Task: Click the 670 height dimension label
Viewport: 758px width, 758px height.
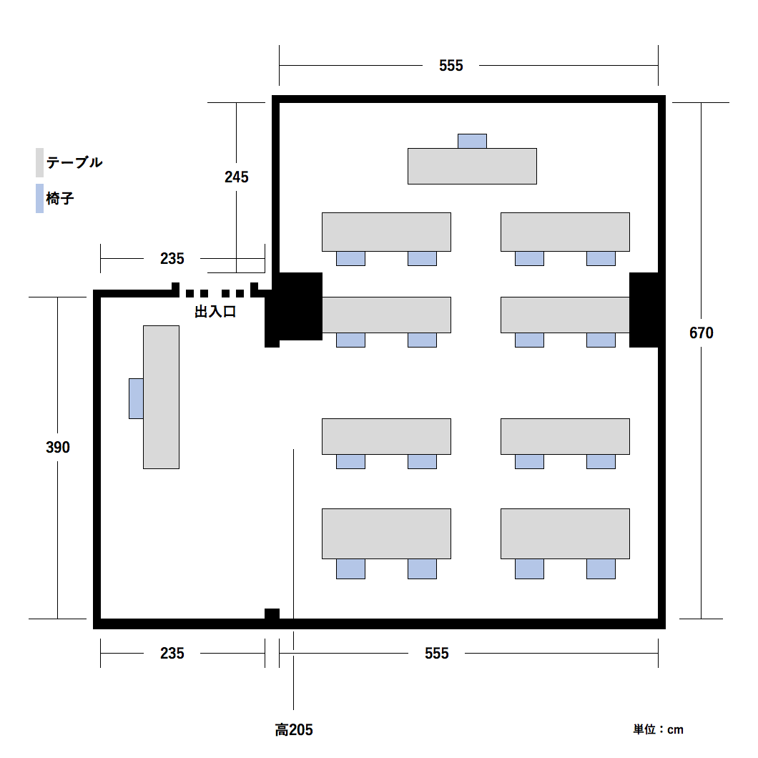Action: click(x=701, y=333)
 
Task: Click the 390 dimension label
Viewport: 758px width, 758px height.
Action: click(x=57, y=447)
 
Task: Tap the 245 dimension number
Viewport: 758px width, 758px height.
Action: click(x=237, y=177)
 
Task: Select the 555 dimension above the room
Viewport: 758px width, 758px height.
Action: click(x=451, y=65)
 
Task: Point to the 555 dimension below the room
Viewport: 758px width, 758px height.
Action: click(x=436, y=653)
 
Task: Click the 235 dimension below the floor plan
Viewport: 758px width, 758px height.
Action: click(x=172, y=653)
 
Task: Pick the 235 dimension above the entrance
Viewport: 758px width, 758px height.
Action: click(x=172, y=259)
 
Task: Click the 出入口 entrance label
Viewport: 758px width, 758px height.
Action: click(x=215, y=312)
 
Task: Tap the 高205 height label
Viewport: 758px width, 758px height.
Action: click(x=294, y=729)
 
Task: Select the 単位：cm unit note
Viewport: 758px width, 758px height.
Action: click(x=658, y=729)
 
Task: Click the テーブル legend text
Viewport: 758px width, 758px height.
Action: click(x=74, y=162)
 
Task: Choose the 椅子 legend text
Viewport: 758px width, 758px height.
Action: click(x=60, y=198)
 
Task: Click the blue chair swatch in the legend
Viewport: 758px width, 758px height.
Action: click(x=39, y=198)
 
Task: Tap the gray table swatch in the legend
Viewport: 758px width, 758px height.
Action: click(x=39, y=162)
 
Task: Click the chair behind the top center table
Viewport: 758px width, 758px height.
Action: click(x=472, y=141)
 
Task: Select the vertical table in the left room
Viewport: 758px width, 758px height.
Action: click(x=161, y=397)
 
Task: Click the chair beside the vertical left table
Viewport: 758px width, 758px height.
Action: click(x=136, y=398)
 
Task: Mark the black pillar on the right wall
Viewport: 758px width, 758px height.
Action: click(x=644, y=310)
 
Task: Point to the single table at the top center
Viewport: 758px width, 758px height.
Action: click(x=472, y=167)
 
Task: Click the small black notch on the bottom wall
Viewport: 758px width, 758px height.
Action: click(x=272, y=614)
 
